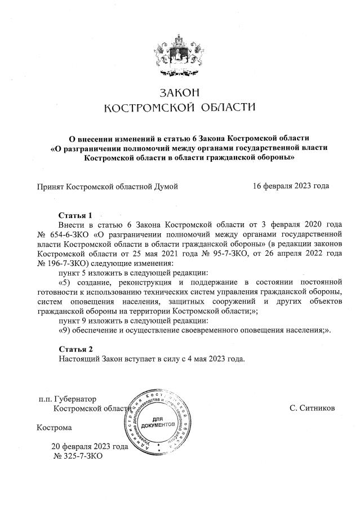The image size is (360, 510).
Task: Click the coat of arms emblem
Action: [x=180, y=53]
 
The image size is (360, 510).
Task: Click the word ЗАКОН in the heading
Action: [x=180, y=92]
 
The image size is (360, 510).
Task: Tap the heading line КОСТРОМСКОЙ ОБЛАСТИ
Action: [x=180, y=107]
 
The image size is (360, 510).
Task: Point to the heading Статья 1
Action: [x=75, y=215]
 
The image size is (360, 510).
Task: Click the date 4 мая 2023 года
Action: [x=214, y=359]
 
